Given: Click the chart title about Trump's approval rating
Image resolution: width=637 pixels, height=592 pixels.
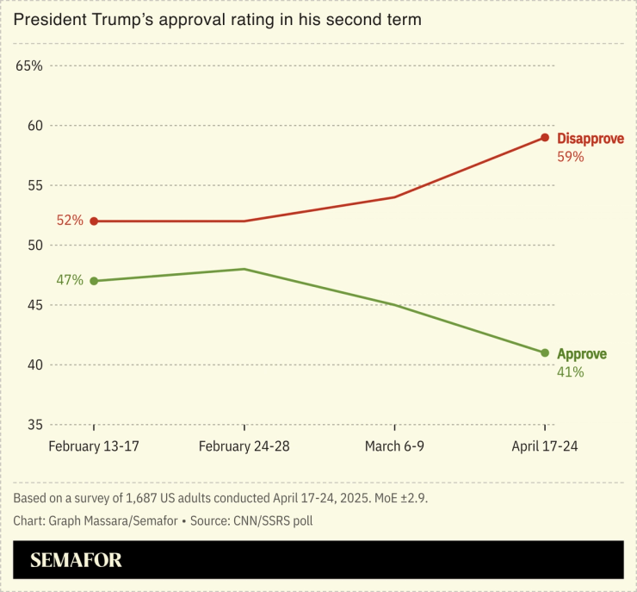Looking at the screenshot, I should coord(217,20).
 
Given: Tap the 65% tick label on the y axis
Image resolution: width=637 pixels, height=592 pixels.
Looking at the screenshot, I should coord(28,65).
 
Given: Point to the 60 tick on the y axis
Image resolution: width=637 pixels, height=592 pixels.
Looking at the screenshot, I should coord(34,126).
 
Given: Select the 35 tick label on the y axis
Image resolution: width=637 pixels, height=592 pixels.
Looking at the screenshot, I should coord(34,425).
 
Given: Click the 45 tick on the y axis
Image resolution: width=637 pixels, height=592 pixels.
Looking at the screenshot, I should coord(34,305).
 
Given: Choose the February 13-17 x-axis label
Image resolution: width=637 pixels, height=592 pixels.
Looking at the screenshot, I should coord(94,446).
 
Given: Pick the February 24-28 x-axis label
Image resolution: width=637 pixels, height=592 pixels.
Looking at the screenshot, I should coord(244,446).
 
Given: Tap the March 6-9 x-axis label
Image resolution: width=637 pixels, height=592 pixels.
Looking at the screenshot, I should coord(394,446).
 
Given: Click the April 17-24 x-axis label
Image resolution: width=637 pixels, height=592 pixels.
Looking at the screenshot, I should coord(545,446).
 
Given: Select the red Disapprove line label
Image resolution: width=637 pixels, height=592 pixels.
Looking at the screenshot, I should coord(591,139).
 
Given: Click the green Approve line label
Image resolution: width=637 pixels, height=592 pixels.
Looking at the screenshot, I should coord(582,354).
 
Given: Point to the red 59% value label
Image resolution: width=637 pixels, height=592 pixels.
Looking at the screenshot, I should coord(571,157).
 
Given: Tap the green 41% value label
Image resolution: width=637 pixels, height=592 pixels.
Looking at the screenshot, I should coord(571,372).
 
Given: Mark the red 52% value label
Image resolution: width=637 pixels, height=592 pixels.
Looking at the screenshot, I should coord(70,221).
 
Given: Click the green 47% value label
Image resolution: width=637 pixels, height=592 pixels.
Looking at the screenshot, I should coord(70,280).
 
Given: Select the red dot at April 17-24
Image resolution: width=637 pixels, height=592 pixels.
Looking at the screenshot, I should coord(545,137).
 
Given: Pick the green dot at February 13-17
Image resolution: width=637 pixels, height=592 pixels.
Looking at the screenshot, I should coord(94,281).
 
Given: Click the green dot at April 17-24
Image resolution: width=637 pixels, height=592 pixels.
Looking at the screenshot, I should coord(545,352).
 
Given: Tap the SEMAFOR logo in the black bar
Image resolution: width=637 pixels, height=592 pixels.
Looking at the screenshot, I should coord(76,560).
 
